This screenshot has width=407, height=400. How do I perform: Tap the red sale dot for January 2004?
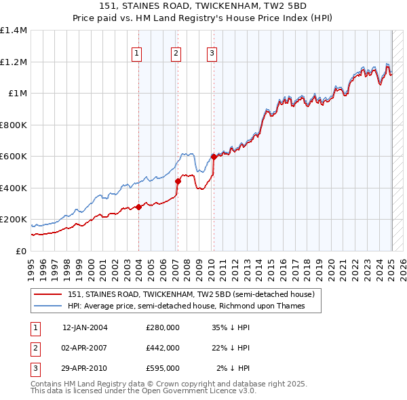tap(138, 207)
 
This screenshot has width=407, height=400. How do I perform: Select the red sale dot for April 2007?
tap(178, 181)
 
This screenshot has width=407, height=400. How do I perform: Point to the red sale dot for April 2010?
tap(214, 157)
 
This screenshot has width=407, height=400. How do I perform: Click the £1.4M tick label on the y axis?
tap(14, 31)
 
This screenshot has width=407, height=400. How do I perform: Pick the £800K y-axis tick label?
tap(14, 125)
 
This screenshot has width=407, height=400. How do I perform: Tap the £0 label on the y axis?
tap(20, 251)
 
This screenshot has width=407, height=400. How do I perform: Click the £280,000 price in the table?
tap(163, 327)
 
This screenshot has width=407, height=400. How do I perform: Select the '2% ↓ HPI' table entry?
tap(233, 368)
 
